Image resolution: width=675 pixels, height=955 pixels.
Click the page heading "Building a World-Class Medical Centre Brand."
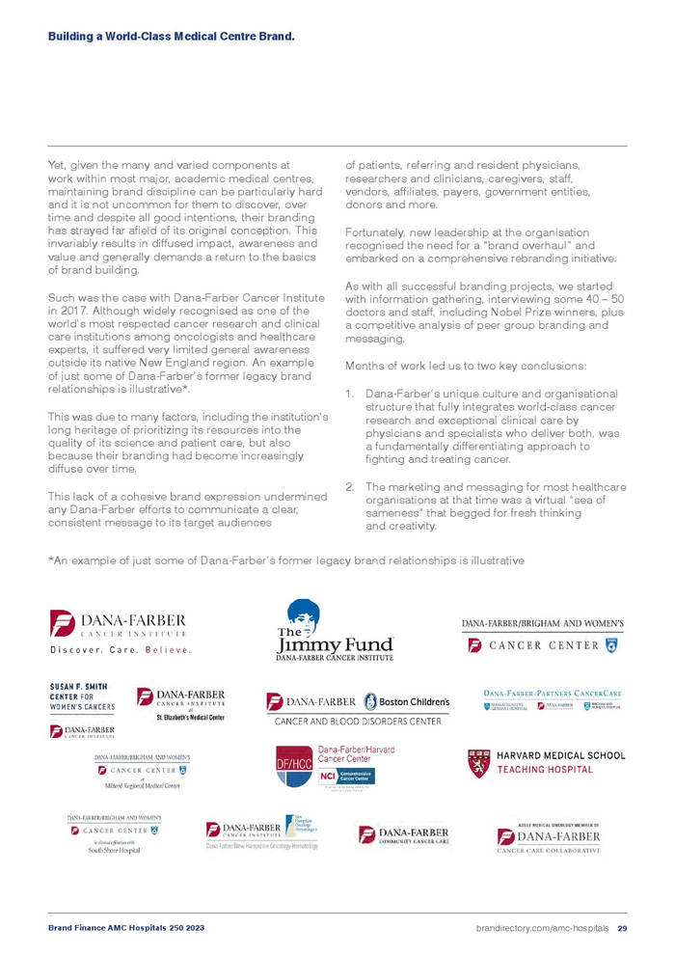pyautogui.click(x=171, y=37)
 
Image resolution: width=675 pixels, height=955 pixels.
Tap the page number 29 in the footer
pyautogui.click(x=622, y=928)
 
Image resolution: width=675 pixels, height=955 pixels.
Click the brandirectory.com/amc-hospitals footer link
pyautogui.click(x=542, y=928)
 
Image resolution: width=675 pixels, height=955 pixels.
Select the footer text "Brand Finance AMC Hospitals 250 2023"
pyautogui.click(x=126, y=928)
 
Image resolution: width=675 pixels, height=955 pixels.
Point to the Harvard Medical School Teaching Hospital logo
pyautogui.click(x=546, y=763)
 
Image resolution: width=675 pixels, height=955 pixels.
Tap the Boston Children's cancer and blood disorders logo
pyautogui.click(x=358, y=707)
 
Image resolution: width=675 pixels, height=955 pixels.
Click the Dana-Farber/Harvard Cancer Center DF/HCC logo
pyautogui.click(x=324, y=765)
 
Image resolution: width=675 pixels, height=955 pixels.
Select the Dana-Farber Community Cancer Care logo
pyautogui.click(x=403, y=835)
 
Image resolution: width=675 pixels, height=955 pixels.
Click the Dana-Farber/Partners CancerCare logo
pyautogui.click(x=552, y=699)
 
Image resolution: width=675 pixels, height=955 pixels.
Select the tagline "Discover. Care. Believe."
pyautogui.click(x=121, y=649)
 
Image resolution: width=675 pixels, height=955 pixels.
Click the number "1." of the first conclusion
pyautogui.click(x=352, y=394)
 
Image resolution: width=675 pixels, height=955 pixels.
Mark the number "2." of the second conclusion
pyautogui.click(x=352, y=487)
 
